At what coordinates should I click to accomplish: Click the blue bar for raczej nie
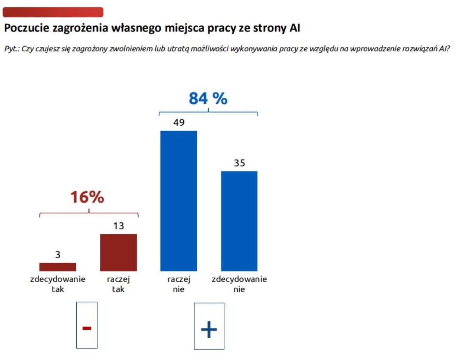179,201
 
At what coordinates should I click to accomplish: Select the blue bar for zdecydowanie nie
239,221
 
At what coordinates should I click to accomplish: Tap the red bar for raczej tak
118,252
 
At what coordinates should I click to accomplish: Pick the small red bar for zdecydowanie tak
58,267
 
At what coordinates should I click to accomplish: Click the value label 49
179,123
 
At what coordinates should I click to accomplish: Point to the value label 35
239,163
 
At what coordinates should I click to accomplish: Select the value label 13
118,226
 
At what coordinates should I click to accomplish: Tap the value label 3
58,255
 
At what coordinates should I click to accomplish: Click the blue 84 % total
208,99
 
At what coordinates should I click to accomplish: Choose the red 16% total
87,197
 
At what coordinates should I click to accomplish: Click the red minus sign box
87,325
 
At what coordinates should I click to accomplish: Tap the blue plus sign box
209,326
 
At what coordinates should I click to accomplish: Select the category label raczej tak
118,284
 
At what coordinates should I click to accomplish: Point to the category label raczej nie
179,284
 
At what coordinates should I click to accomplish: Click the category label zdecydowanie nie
239,284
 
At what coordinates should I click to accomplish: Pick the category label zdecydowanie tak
58,284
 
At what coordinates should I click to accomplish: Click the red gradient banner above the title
53,12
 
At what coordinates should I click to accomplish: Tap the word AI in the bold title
295,28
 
